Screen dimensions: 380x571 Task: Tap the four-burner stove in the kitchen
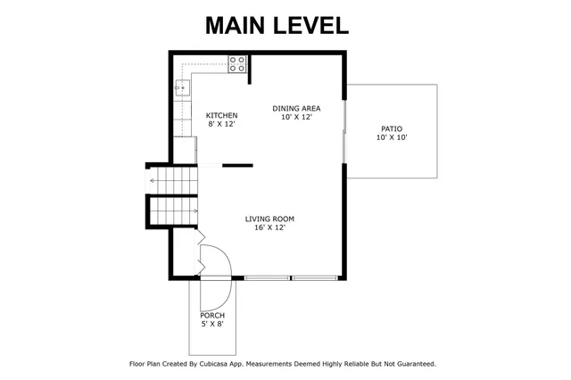tap(237, 63)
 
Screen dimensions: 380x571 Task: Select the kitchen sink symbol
tap(181, 87)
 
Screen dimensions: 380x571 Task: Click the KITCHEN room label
tap(221, 116)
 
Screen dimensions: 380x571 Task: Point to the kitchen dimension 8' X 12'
tap(221, 126)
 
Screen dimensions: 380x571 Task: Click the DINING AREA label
tap(296, 108)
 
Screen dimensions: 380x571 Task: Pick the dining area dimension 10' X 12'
tap(296, 118)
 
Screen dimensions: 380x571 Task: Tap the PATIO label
tap(391, 128)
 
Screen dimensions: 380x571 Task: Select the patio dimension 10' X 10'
tap(391, 137)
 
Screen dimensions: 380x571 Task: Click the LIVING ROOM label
tap(269, 219)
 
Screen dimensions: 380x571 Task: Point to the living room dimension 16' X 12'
tap(269, 228)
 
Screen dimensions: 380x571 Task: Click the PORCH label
tap(212, 316)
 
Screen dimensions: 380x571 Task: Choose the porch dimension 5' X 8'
tap(212, 325)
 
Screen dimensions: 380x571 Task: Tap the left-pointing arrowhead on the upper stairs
tap(153, 181)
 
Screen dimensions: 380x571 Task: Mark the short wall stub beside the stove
tap(249, 69)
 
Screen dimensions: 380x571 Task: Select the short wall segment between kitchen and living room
tap(237, 165)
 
